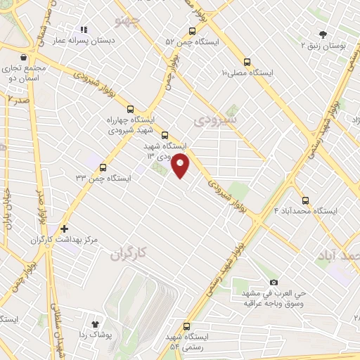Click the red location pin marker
tap(181, 166)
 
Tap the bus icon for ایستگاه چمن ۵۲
tap(193, 31)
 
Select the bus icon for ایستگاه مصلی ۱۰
tap(245, 61)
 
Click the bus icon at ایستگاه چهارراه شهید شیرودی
tap(129, 108)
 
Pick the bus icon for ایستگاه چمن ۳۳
tap(103, 167)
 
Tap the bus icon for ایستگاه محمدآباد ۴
tap(305, 200)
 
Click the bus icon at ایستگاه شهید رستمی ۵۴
tap(186, 326)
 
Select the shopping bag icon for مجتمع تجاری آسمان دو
tap(25, 57)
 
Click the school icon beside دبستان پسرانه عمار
tap(84, 30)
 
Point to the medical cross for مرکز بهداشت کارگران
tap(64, 229)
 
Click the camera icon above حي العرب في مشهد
tap(274, 281)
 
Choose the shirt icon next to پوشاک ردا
tap(96, 323)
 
